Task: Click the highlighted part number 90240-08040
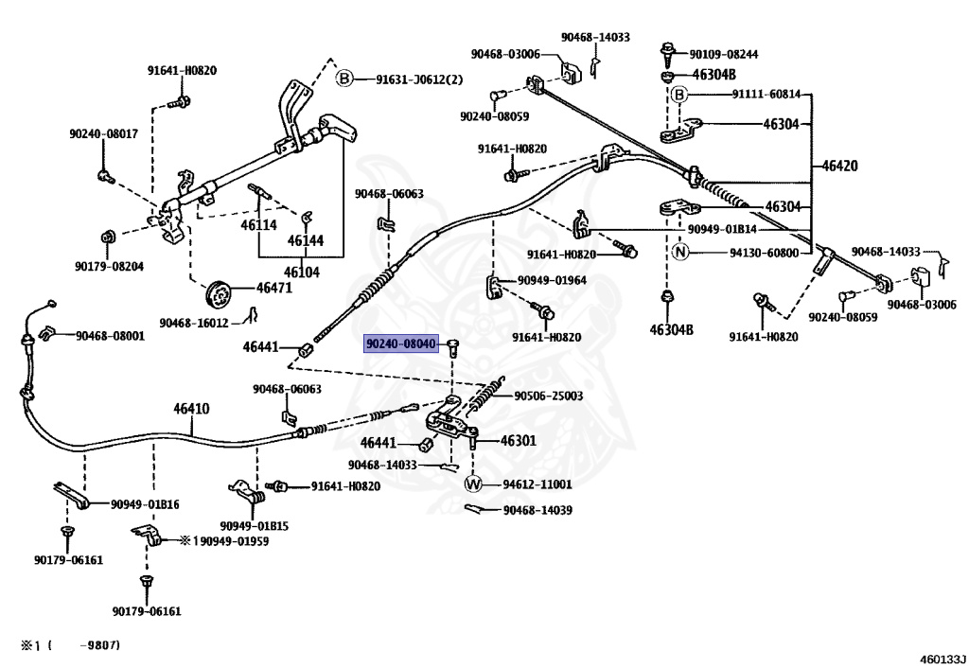coord(401,346)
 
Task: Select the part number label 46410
coord(191,410)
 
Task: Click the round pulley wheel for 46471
coord(220,292)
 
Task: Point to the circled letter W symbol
coord(473,484)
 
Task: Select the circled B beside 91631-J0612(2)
coord(345,79)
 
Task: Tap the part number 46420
coord(839,166)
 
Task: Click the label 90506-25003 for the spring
coord(548,396)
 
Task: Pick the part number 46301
coord(518,441)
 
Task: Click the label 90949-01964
coord(551,280)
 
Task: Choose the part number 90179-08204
coord(110,267)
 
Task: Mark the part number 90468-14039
coord(537,511)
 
